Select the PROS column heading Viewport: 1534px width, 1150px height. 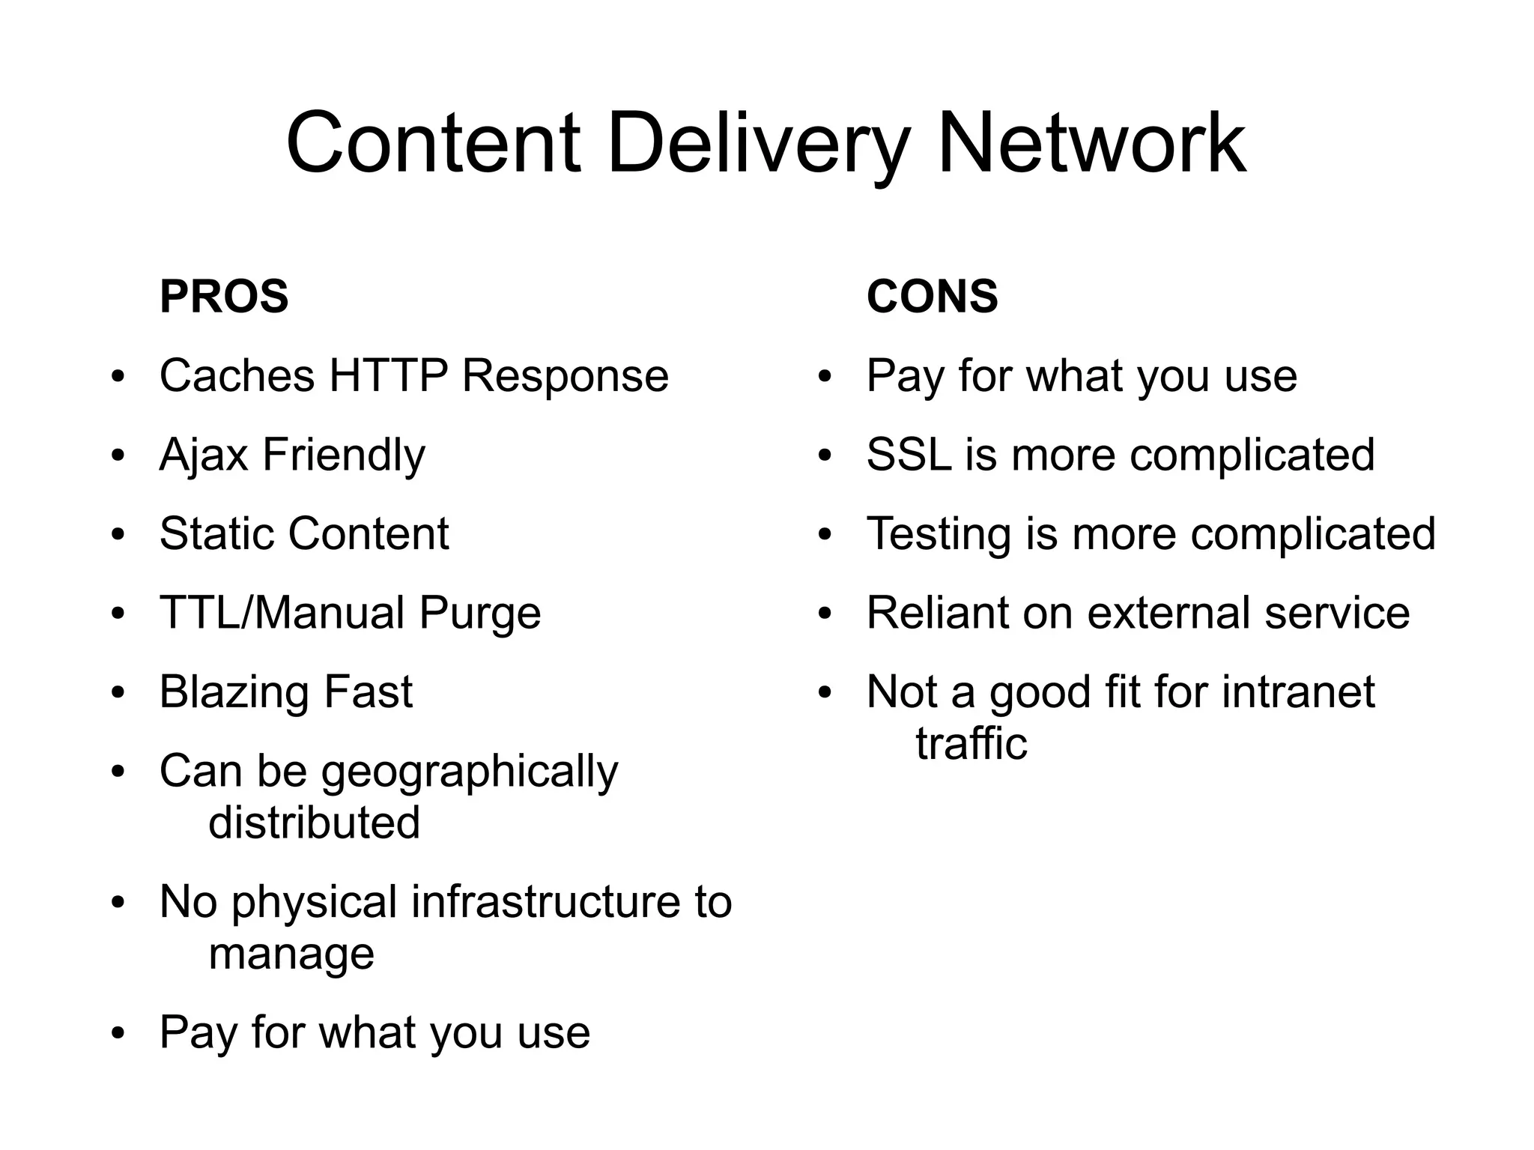(x=224, y=296)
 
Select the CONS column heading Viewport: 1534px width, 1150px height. (x=932, y=296)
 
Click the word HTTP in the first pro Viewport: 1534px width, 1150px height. (x=388, y=375)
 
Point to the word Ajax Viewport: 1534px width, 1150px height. (x=203, y=455)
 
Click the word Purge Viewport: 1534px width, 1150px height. (x=479, y=613)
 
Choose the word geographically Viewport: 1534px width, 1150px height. (x=470, y=772)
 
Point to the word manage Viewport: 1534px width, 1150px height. (x=291, y=954)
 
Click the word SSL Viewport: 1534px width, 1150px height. (x=909, y=455)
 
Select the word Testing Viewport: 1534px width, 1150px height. (x=939, y=533)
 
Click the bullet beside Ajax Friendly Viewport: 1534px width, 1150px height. (x=118, y=456)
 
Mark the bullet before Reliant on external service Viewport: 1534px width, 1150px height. (x=825, y=614)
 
